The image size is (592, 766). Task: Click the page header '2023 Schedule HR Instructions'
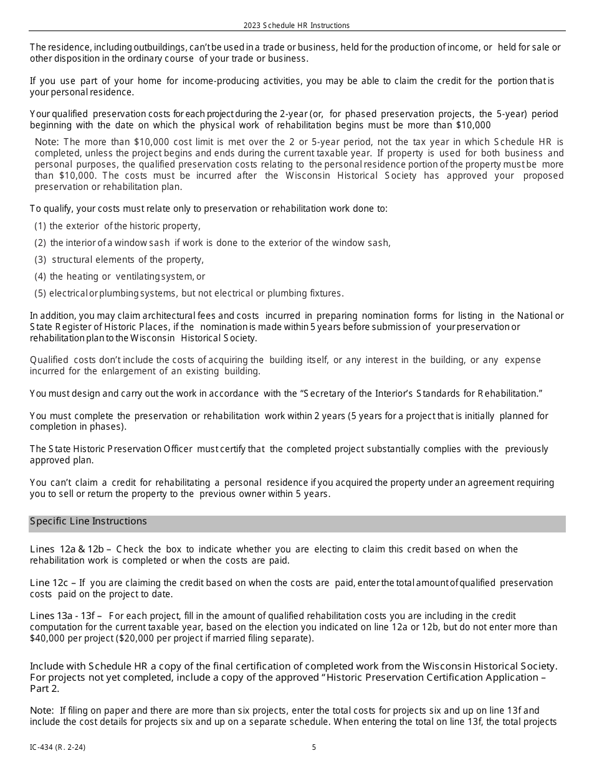(x=297, y=26)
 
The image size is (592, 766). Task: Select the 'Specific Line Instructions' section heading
(x=88, y=521)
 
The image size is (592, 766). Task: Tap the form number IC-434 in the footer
(x=58, y=747)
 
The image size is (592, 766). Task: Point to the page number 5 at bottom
(x=314, y=747)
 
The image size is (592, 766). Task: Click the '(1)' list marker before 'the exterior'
(x=41, y=227)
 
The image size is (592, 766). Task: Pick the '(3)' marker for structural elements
(x=41, y=260)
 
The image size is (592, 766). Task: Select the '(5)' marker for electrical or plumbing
(x=41, y=293)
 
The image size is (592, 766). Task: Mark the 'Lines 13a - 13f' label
(x=66, y=616)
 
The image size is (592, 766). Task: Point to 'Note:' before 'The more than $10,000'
(x=47, y=142)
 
